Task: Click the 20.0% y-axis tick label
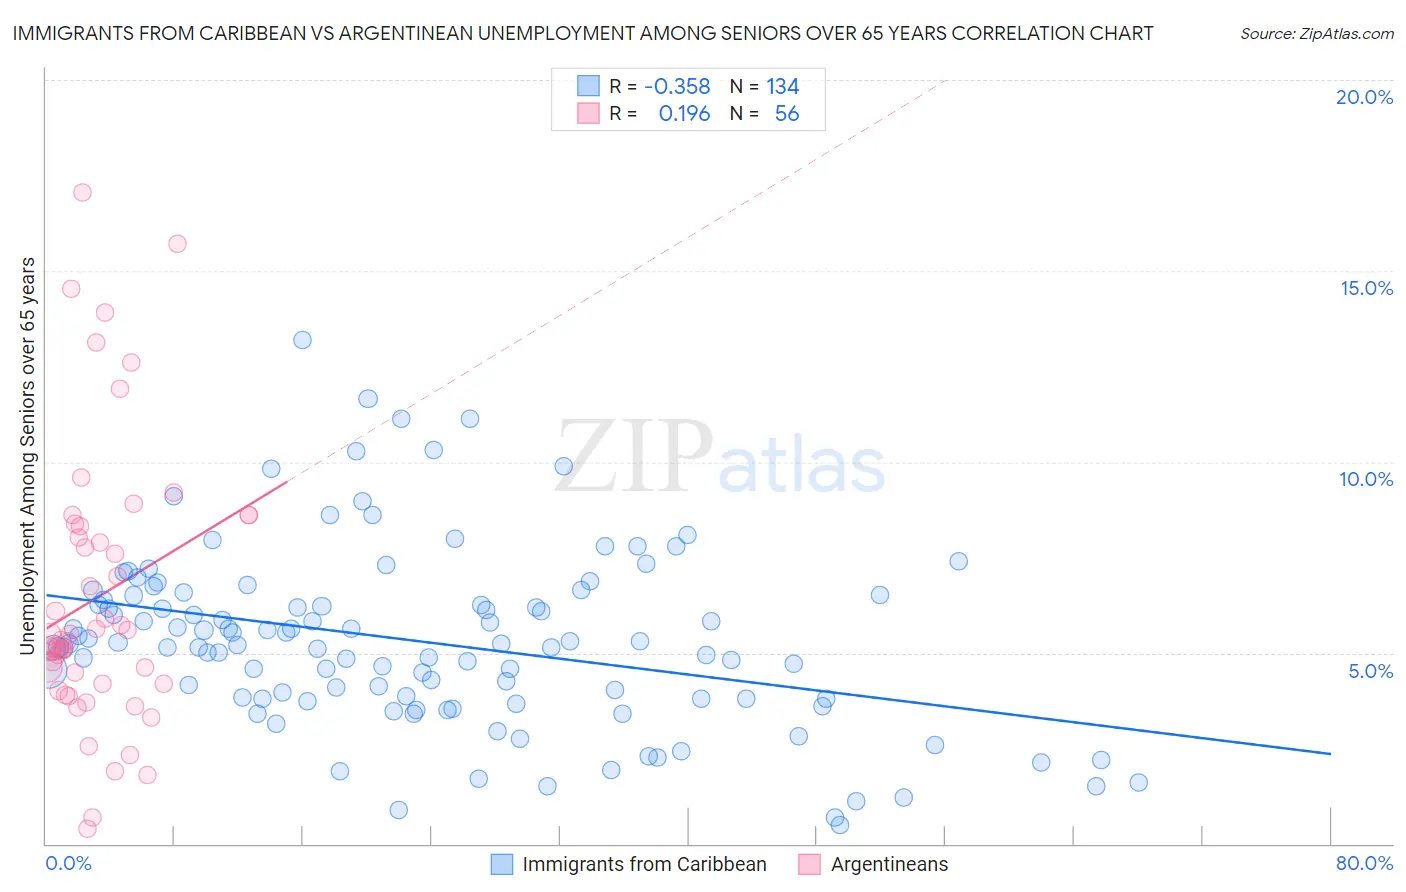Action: click(x=1364, y=97)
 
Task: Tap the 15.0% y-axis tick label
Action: click(x=1366, y=288)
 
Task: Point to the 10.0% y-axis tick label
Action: click(x=1366, y=479)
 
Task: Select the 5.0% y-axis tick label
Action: click(x=1370, y=671)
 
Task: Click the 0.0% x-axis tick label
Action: click(x=68, y=863)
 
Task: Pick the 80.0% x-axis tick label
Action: click(x=1364, y=863)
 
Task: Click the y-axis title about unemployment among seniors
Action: click(x=28, y=456)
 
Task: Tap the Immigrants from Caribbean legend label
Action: click(x=644, y=864)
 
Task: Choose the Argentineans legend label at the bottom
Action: click(x=889, y=864)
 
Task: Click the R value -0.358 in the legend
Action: click(x=677, y=87)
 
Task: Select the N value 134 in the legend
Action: click(x=783, y=87)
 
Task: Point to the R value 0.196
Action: click(x=684, y=114)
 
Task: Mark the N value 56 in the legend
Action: click(x=787, y=114)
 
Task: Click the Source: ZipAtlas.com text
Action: click(x=1316, y=34)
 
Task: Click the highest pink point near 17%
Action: click(x=82, y=192)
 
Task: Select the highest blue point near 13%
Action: click(x=302, y=340)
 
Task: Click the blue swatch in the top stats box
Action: click(x=588, y=86)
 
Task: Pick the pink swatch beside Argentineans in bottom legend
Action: click(x=809, y=864)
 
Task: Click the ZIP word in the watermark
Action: click(x=633, y=458)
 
